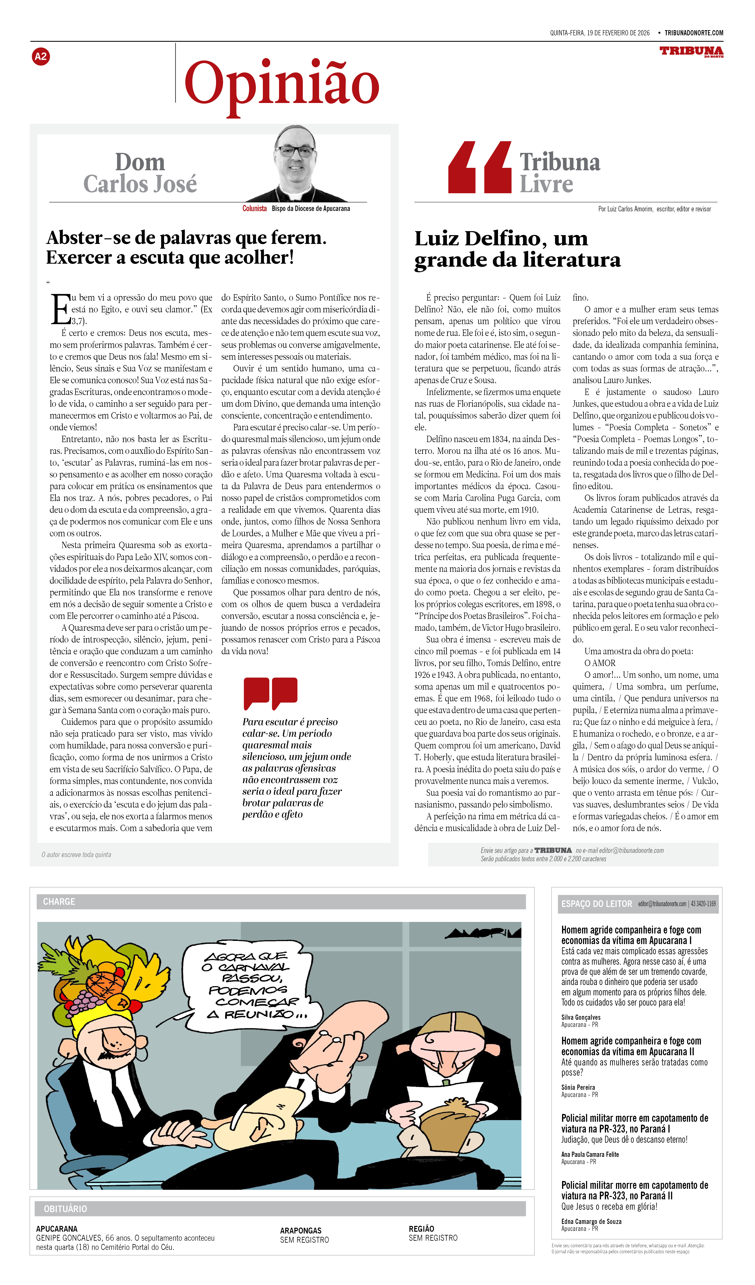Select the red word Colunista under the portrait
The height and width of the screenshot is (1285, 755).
[x=254, y=209]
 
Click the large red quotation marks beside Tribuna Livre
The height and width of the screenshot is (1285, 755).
[x=480, y=167]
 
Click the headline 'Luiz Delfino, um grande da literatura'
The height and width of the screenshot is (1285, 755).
[x=517, y=249]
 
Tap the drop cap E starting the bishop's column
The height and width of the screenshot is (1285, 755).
[x=60, y=309]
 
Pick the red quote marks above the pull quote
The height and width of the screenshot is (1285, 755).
[x=270, y=693]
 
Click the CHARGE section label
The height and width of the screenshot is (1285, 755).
[x=59, y=902]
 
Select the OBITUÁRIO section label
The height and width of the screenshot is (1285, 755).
[x=65, y=1209]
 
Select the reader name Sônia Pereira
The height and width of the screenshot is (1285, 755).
[x=578, y=1087]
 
